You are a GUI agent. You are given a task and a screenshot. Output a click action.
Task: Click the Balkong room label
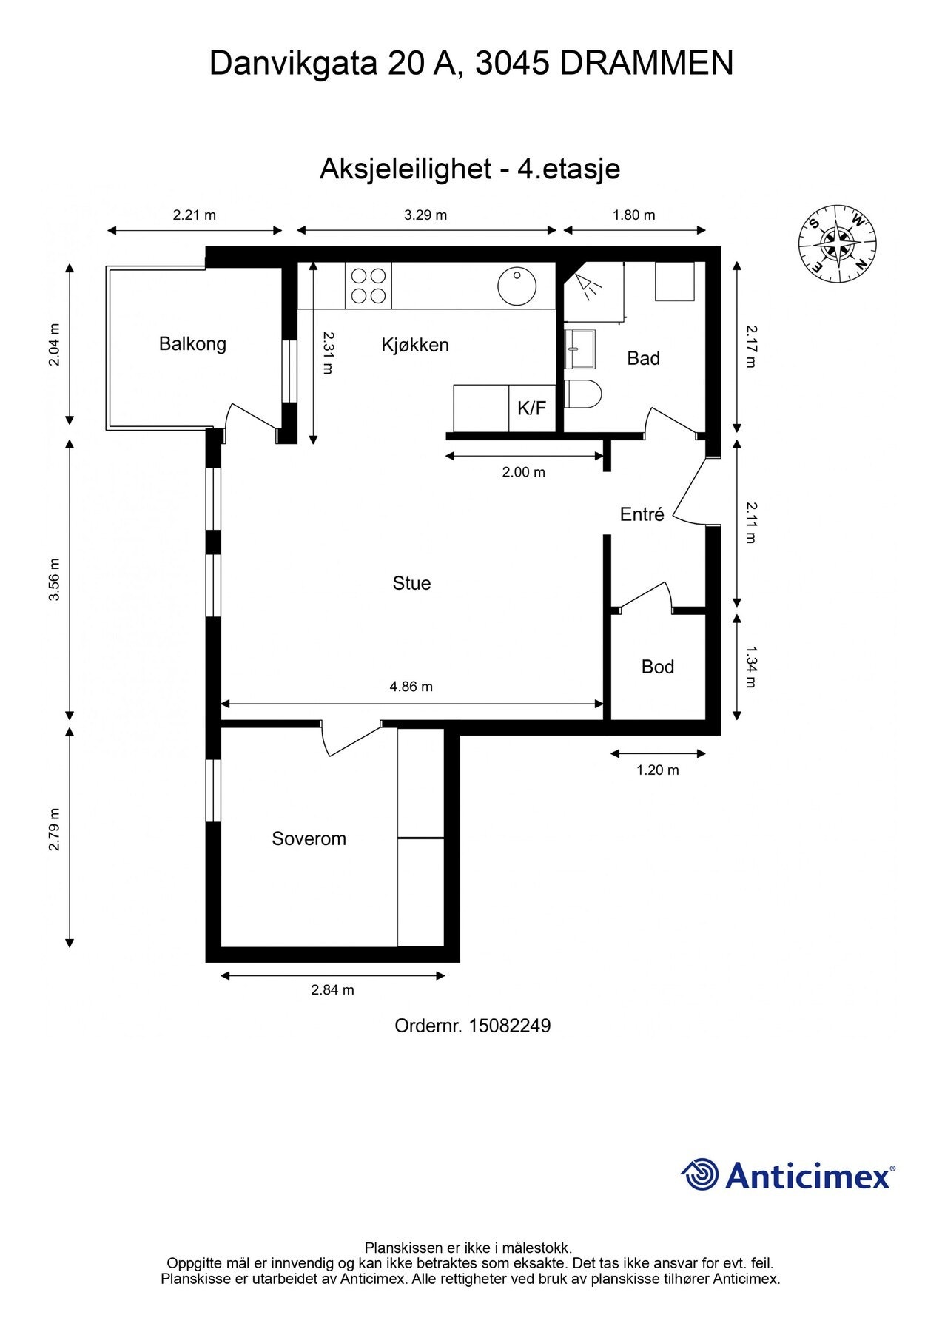tap(192, 344)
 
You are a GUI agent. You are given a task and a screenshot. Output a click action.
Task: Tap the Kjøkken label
tap(415, 345)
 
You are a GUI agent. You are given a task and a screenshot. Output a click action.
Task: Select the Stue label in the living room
tap(411, 583)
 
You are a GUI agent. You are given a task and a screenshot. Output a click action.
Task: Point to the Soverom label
tap(309, 838)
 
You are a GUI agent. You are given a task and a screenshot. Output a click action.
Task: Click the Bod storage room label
tap(658, 667)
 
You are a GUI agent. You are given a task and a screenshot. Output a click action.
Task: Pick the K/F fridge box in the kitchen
tap(532, 408)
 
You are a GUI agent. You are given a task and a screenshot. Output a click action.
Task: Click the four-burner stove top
tap(369, 286)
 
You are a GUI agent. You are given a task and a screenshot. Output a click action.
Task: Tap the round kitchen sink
tap(517, 286)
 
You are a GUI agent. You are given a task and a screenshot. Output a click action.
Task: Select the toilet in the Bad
tap(583, 394)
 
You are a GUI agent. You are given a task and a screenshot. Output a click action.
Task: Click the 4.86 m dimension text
tap(411, 687)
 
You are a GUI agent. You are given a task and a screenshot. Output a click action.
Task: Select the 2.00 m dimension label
tap(524, 472)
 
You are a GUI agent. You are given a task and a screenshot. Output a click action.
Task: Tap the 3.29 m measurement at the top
tap(425, 215)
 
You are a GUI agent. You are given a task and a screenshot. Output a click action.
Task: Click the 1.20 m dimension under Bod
tap(658, 770)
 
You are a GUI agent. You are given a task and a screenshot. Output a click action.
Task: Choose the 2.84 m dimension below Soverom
tap(333, 990)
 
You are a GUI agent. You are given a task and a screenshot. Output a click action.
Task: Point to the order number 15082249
tap(509, 1026)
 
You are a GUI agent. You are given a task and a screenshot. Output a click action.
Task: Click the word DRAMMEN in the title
tap(647, 64)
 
